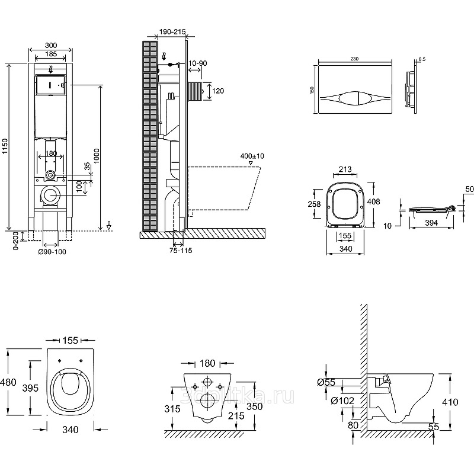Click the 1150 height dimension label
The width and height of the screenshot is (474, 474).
[x=5, y=147]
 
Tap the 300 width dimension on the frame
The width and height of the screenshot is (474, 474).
[x=51, y=44]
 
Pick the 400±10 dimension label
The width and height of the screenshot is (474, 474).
[x=252, y=155]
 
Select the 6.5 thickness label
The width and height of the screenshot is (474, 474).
[x=422, y=60]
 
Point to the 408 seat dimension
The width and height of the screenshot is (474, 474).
[x=374, y=201]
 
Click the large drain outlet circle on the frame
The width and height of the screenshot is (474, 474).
[x=51, y=195]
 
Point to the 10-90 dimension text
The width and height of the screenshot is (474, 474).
[x=197, y=63]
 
